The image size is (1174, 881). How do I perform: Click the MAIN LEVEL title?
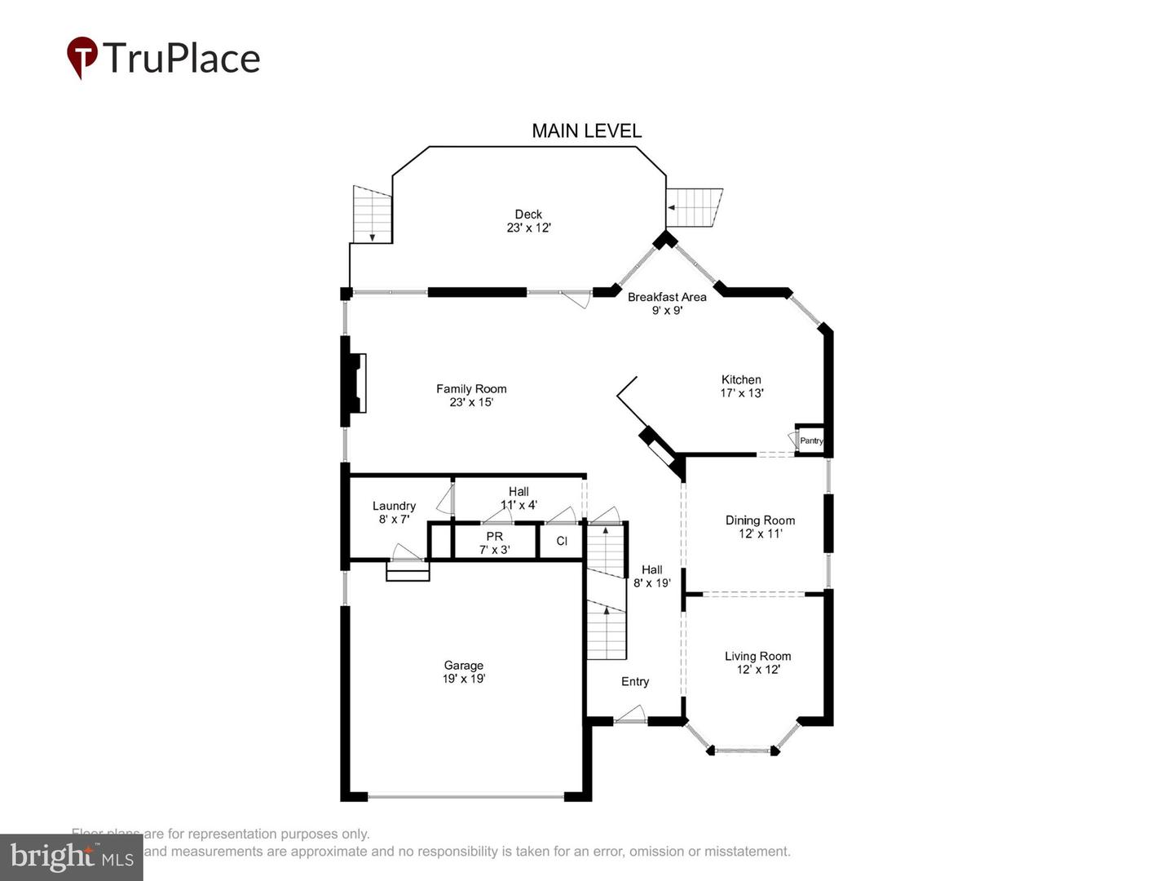coord(586,131)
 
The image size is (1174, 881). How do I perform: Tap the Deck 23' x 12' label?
coord(528,221)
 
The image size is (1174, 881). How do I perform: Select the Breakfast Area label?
coord(667,303)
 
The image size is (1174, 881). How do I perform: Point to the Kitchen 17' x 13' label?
coord(741,386)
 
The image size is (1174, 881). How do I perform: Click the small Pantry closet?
coord(810,440)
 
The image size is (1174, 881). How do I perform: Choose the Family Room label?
coord(471,396)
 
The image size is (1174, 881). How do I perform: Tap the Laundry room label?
coord(394,512)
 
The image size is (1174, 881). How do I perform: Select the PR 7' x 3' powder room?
coord(494,542)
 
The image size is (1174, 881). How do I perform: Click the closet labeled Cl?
coord(562,541)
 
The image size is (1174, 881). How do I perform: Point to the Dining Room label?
coord(760,527)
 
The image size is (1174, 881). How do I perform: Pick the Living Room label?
coord(757,662)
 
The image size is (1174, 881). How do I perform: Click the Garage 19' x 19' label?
coord(463,671)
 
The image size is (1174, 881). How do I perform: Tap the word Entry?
coord(635,682)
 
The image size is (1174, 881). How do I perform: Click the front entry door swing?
coord(630,715)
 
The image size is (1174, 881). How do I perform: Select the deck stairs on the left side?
coord(372,214)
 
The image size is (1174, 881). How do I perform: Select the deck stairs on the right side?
coord(694,208)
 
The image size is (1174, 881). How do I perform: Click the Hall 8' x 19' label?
coord(651,576)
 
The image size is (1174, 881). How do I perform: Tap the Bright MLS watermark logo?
coord(72,857)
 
